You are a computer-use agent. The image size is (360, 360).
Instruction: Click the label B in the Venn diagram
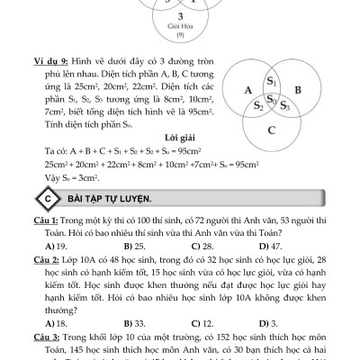(x=298, y=90)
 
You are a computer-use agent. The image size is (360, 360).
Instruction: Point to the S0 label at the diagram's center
(x=272, y=100)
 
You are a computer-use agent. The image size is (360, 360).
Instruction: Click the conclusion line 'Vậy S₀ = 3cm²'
(x=76, y=178)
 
